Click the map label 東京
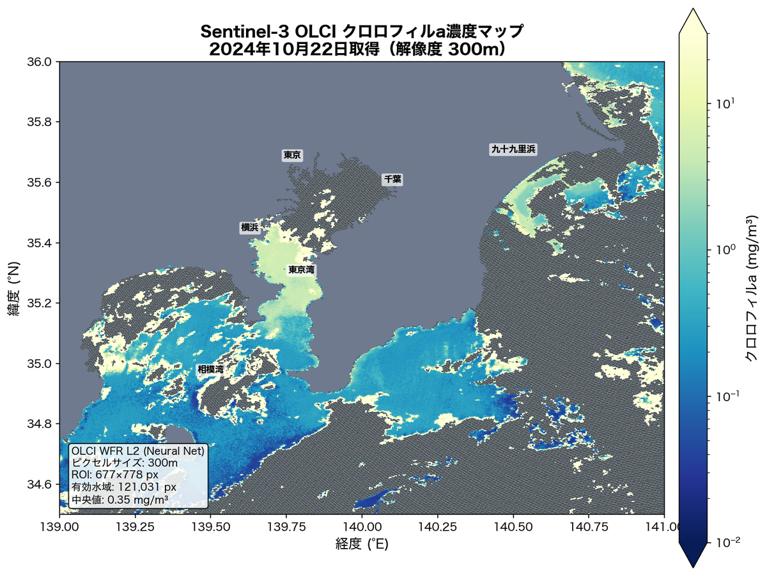tap(292, 155)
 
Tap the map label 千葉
tap(392, 179)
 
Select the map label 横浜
tap(249, 228)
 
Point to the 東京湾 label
tap(301, 270)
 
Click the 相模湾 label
tap(210, 370)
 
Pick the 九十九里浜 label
tap(513, 149)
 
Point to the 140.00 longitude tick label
tap(362, 527)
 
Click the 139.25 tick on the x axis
tap(135, 527)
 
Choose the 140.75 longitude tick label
tap(589, 527)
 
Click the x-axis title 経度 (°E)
tap(362, 545)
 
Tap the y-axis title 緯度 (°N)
tap(15, 288)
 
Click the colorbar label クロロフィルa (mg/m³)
tap(752, 288)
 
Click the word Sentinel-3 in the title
tap(237, 31)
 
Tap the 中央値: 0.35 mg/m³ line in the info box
tap(120, 499)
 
